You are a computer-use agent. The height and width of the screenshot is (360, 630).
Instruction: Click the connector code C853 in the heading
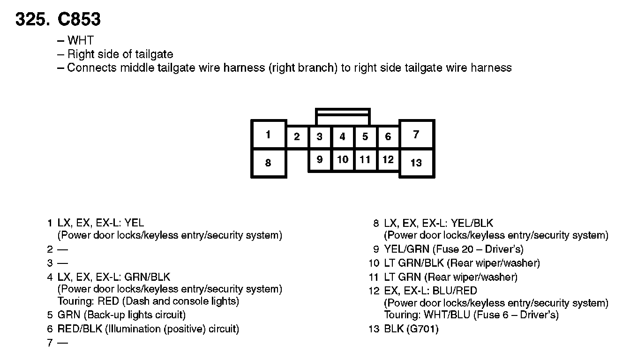pos(79,19)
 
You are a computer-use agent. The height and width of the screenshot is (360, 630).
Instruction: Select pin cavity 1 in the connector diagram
pos(268,135)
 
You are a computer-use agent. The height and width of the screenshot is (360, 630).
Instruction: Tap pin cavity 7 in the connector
pos(416,135)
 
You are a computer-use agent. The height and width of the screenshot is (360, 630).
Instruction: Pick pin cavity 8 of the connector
pos(268,163)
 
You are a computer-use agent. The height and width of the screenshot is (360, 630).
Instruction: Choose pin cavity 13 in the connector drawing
pos(416,163)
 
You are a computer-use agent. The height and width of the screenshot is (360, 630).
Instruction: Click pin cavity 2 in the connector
pos(297,137)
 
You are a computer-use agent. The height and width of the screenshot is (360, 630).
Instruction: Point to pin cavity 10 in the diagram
pos(343,160)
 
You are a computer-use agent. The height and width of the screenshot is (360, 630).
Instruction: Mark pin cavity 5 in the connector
pos(365,137)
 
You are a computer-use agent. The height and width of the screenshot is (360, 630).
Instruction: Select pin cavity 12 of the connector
pos(388,160)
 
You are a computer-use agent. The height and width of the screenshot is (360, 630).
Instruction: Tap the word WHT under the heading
pos(81,41)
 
